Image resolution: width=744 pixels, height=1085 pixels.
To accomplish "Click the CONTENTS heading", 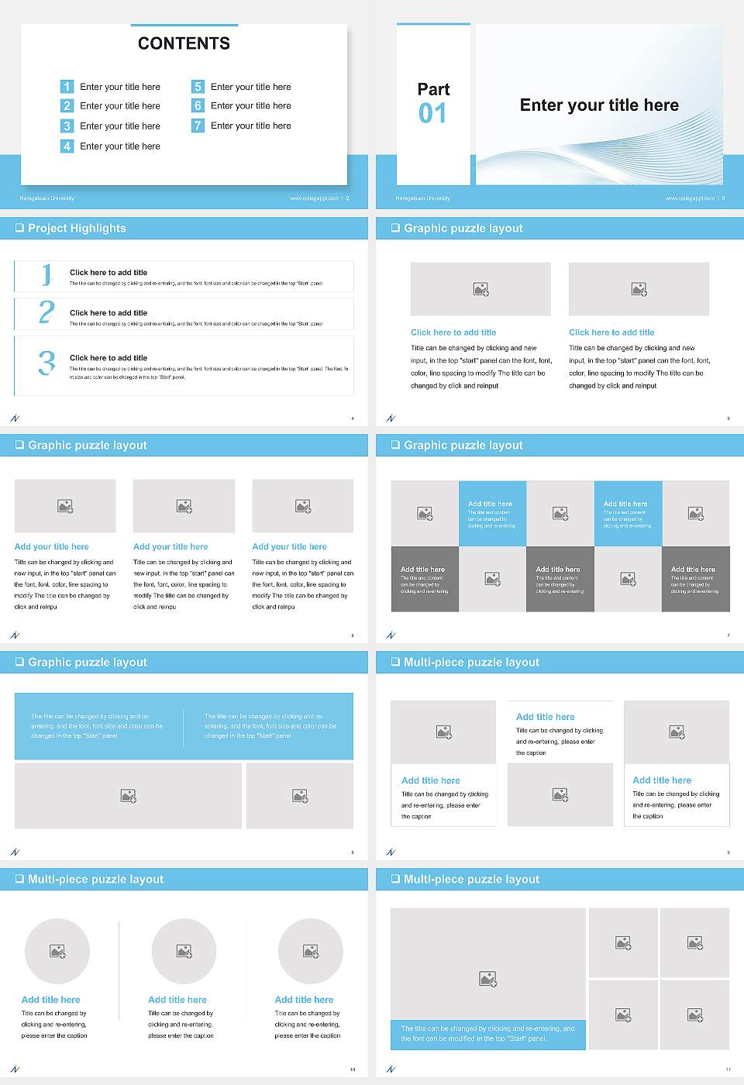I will click(x=184, y=43).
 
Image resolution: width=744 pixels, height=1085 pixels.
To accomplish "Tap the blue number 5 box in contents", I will click(x=198, y=87).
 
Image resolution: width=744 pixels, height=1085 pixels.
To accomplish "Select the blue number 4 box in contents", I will click(x=67, y=146).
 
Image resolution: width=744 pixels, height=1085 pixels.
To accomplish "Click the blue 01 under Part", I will click(x=432, y=114).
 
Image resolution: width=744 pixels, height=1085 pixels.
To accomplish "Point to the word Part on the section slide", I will click(x=433, y=89).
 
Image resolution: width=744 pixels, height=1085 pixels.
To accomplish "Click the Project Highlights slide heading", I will click(x=77, y=228).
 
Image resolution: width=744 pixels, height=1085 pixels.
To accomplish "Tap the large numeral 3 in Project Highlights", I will click(x=47, y=363).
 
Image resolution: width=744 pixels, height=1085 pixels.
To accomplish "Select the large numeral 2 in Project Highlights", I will click(x=46, y=312).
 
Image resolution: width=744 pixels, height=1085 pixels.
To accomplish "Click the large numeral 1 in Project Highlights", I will click(x=47, y=274).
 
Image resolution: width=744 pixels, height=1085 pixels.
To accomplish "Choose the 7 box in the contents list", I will click(x=198, y=126).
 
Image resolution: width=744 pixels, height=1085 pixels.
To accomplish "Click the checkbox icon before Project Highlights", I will click(x=19, y=228).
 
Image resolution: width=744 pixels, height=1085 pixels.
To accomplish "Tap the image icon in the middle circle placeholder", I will click(x=184, y=951).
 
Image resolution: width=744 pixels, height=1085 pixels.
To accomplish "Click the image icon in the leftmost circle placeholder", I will click(x=57, y=951).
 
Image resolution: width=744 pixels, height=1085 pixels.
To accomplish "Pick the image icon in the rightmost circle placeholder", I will click(x=311, y=951).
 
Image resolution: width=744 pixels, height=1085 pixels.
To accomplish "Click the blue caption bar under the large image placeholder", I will click(x=487, y=1034).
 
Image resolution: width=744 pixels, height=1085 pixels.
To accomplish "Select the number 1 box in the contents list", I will click(x=67, y=87).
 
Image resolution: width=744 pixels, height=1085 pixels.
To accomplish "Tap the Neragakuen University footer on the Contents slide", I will click(x=46, y=198).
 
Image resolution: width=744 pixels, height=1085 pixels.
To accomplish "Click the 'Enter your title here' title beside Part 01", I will click(x=599, y=105).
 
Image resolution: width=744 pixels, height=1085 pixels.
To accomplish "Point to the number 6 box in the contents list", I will click(x=198, y=105).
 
